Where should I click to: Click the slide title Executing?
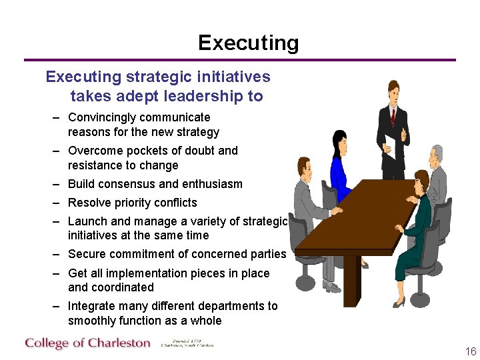[248, 43]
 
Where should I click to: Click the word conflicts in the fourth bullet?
[175, 203]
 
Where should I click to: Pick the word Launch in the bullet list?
[86, 221]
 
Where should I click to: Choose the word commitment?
[141, 254]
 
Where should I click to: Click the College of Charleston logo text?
[87, 343]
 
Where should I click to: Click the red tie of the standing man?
[393, 117]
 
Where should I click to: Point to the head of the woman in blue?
[340, 139]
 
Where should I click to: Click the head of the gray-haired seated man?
[437, 155]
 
